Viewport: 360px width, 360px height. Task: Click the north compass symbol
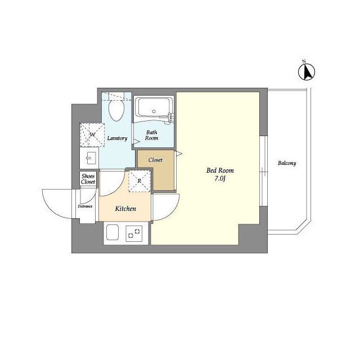[306, 71]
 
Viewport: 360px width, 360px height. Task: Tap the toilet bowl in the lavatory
[116, 110]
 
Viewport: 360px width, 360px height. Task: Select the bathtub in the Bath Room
[154, 107]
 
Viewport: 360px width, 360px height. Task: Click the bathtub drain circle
[154, 111]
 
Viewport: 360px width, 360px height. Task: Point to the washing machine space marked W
[92, 135]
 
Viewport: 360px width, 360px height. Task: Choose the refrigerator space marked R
[139, 181]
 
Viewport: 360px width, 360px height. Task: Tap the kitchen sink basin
[112, 232]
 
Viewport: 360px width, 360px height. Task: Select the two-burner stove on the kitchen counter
[134, 233]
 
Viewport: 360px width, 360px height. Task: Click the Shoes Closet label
[88, 179]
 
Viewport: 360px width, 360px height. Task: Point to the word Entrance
[85, 206]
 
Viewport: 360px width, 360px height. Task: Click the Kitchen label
[125, 209]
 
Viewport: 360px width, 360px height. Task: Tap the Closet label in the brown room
[155, 160]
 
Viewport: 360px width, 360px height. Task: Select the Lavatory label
[117, 138]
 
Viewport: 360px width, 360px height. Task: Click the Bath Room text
[151, 135]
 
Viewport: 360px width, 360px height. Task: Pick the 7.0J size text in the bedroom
[219, 179]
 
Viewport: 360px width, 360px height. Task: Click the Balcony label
[287, 163]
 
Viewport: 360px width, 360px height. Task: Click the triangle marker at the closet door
[179, 154]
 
